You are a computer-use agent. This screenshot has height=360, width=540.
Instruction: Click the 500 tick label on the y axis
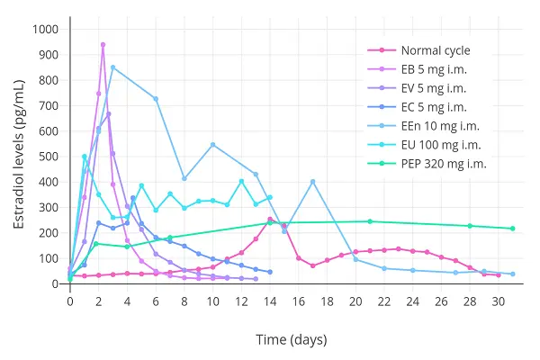[48, 157]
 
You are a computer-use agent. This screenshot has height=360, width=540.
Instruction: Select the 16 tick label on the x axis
[298, 301]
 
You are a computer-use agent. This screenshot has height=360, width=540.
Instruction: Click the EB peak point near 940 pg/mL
[103, 44]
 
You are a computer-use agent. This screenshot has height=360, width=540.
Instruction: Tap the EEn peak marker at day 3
[112, 67]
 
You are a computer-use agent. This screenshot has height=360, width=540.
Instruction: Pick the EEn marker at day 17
[312, 182]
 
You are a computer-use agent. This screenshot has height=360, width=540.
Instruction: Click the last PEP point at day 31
[512, 229]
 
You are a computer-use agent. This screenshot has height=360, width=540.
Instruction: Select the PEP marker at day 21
[369, 221]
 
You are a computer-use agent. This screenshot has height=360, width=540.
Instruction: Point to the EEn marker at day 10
[212, 144]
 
